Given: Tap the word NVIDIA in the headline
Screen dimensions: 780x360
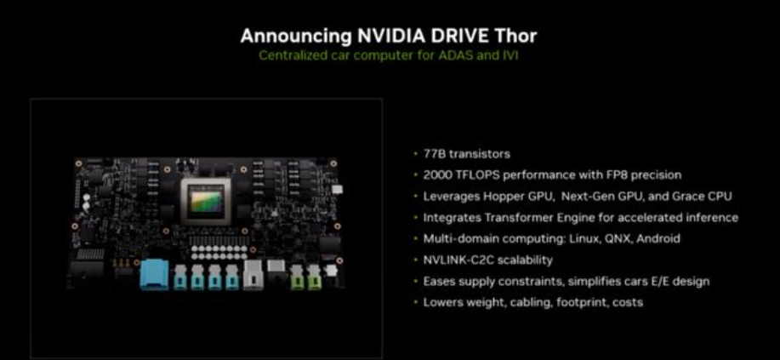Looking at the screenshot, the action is tap(389, 36).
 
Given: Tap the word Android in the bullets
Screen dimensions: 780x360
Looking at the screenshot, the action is tap(658, 238).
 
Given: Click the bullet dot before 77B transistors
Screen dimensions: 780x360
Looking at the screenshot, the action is tap(415, 154).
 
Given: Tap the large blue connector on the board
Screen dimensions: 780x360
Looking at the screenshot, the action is tap(155, 274).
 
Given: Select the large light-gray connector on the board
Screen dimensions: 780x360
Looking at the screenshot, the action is tap(253, 274).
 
